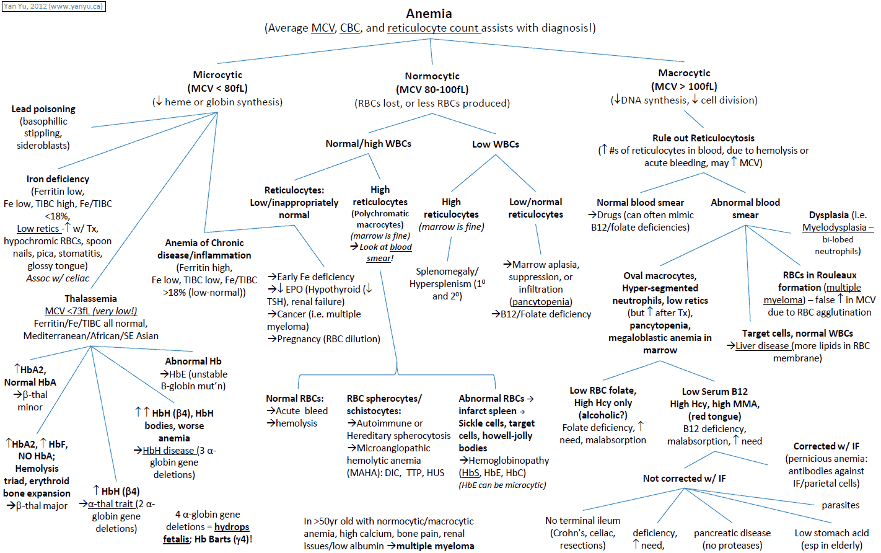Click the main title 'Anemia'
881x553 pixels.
click(429, 14)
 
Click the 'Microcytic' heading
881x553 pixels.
click(217, 75)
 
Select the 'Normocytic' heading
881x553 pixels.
click(432, 76)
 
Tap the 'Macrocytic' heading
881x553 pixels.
click(684, 73)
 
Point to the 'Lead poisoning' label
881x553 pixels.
click(43, 109)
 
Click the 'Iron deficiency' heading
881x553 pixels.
click(58, 179)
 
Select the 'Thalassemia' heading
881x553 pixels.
click(90, 299)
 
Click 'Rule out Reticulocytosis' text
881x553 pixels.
click(703, 138)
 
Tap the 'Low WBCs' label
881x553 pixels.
click(495, 144)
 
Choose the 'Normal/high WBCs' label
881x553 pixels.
click(368, 144)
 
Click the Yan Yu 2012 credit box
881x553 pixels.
click(54, 6)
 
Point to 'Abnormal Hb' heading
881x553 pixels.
click(193, 361)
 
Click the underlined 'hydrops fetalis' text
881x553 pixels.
click(232, 527)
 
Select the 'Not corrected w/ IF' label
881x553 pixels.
click(684, 479)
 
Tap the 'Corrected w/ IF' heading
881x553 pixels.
click(826, 446)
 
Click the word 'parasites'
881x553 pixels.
click(840, 505)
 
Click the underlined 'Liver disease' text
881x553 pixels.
click(762, 346)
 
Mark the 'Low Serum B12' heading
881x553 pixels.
click(714, 392)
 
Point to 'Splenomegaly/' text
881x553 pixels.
click(447, 272)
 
